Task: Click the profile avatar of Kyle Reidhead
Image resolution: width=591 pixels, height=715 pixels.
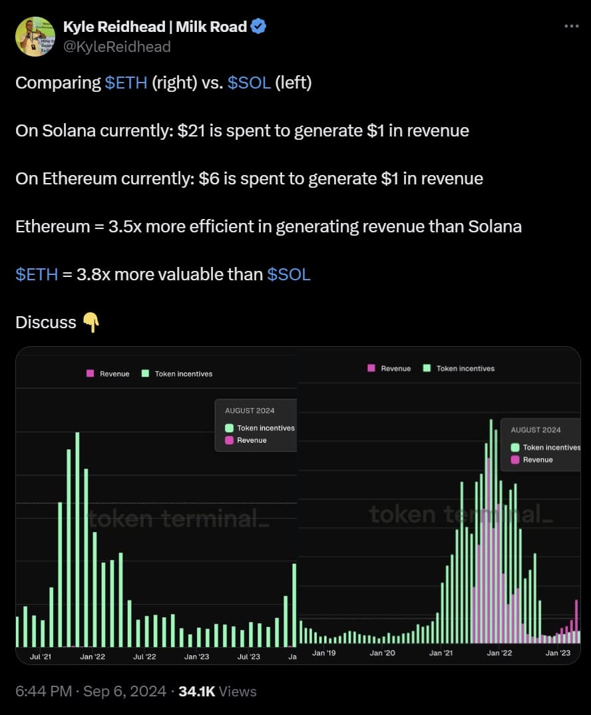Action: pos(35,36)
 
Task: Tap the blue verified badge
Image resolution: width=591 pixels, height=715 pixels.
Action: pos(259,27)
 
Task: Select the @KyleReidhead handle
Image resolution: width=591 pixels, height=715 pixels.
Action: pos(116,46)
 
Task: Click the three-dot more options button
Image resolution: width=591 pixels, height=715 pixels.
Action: pos(571,26)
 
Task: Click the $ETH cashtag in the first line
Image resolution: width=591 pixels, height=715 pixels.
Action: pos(126,83)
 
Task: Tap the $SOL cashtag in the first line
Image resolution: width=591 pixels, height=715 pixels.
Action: pos(249,83)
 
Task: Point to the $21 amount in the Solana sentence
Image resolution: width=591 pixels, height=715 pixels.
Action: pos(190,130)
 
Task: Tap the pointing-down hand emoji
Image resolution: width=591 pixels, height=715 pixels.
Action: pos(91,323)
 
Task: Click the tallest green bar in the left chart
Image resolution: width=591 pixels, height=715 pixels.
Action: pos(77,539)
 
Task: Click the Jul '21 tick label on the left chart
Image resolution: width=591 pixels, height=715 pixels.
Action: pos(41,656)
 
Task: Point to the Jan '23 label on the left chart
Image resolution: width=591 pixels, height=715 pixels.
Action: pos(196,656)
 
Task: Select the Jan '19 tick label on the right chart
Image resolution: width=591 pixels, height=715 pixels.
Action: pos(323,653)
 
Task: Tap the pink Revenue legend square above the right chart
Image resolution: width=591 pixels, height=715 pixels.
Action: pos(371,368)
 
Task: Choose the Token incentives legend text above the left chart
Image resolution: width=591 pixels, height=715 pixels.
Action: pos(184,374)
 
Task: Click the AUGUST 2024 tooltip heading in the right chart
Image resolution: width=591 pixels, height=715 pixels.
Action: pos(536,430)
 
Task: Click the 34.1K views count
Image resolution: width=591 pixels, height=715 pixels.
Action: pos(196,692)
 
